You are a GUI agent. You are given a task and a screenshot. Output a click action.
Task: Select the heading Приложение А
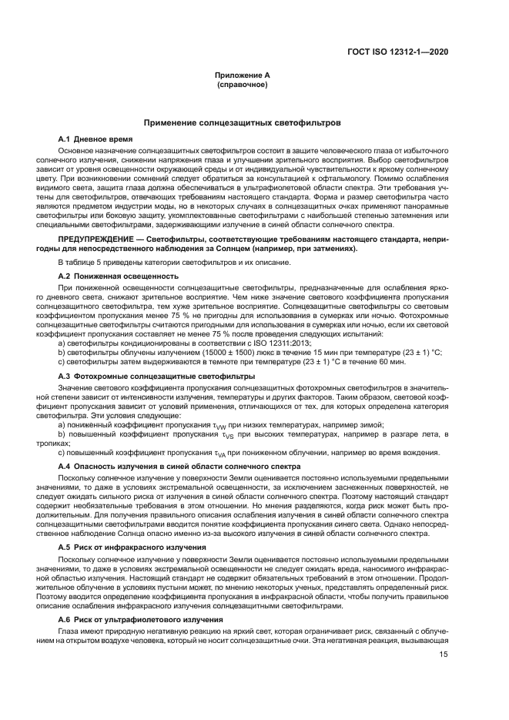tap(242, 75)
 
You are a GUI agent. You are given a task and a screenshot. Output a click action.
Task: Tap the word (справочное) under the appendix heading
tap(242, 83)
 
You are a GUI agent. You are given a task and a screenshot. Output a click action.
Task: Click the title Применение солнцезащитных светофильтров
tap(242, 122)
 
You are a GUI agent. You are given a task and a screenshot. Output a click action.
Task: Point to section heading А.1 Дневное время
tap(95, 138)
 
